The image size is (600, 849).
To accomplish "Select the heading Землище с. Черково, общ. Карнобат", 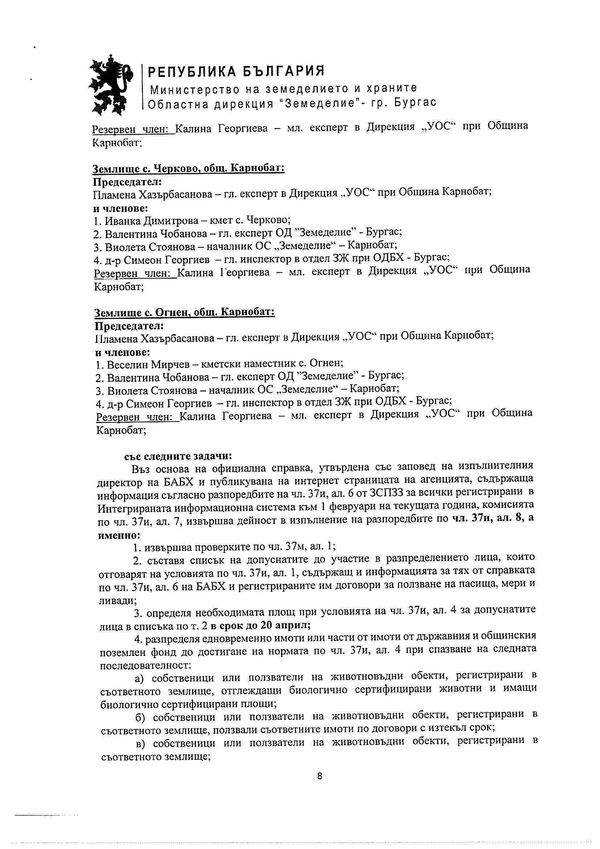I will (188, 169).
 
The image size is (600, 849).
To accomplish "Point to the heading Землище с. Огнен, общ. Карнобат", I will (185, 312).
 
